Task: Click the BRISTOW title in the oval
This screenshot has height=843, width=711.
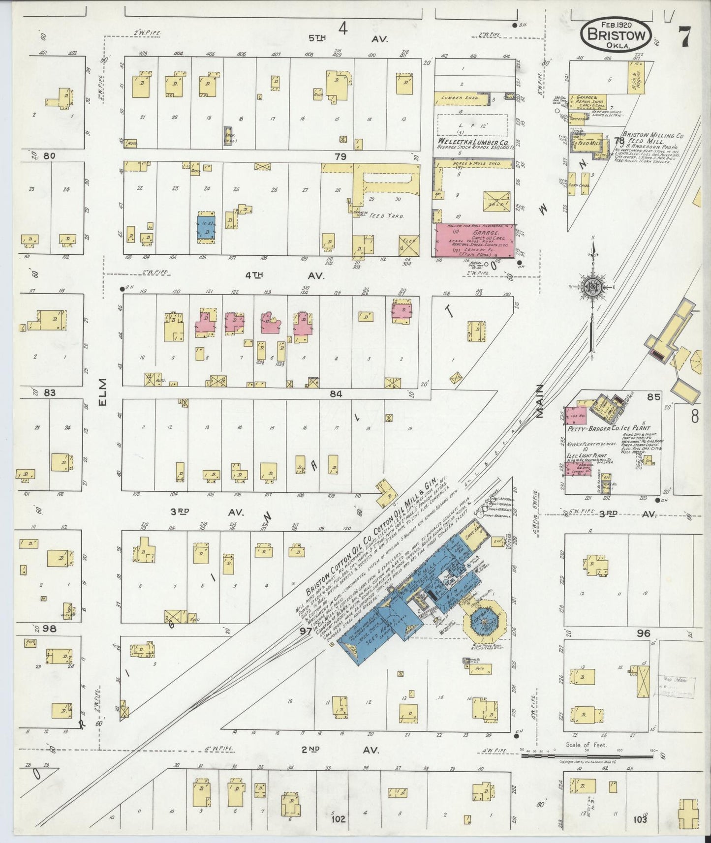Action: (x=617, y=35)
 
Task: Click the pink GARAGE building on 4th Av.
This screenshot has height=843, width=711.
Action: (x=473, y=240)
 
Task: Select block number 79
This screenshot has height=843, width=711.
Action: (x=340, y=157)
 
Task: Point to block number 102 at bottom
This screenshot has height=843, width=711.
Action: (x=339, y=819)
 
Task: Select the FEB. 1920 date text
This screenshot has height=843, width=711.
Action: (x=616, y=24)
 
